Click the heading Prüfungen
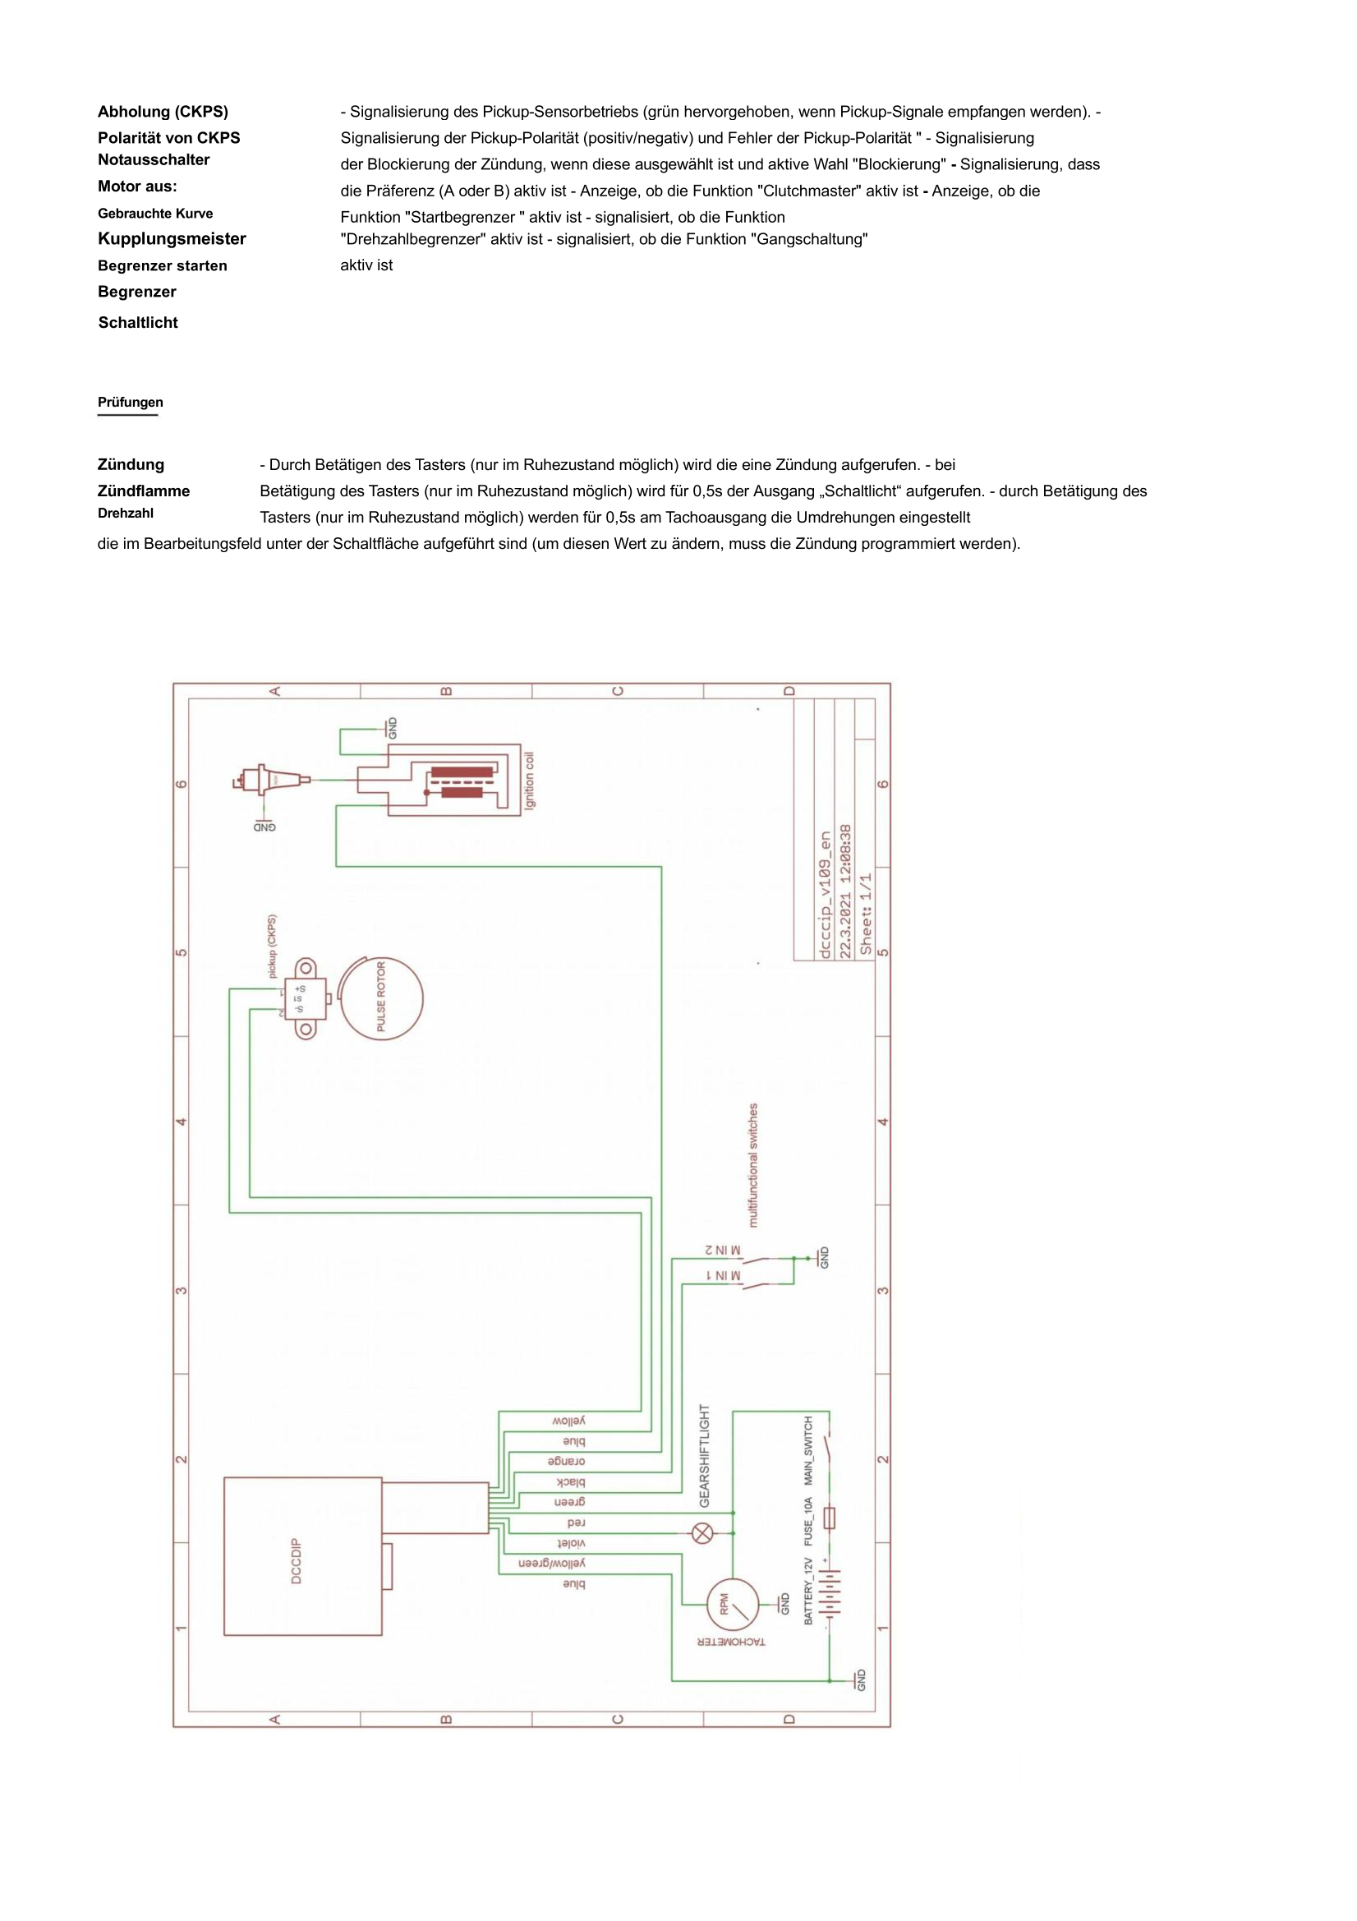click(130, 403)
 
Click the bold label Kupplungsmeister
click(172, 239)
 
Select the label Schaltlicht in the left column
click(138, 323)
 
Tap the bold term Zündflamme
click(143, 491)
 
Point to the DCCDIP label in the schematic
click(297, 1560)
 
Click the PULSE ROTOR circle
click(381, 998)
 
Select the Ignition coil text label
click(529, 781)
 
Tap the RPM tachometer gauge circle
click(732, 1605)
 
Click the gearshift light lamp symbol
click(703, 1533)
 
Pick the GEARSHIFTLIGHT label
click(705, 1457)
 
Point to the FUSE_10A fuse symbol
click(829, 1517)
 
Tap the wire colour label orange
click(567, 1461)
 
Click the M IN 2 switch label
click(722, 1250)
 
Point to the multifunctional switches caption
click(753, 1165)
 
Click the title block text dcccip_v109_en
click(825, 895)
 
